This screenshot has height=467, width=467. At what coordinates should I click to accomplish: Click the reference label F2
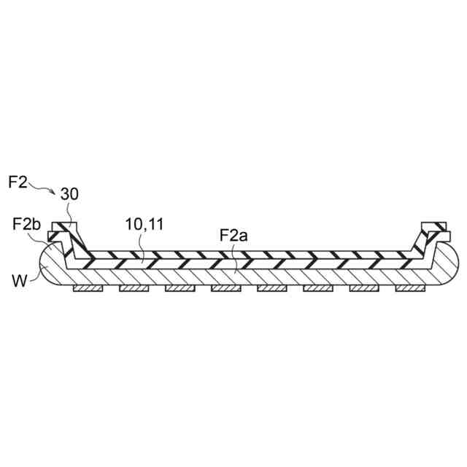pos(18,182)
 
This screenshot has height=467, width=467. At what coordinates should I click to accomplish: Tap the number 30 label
pos(70,195)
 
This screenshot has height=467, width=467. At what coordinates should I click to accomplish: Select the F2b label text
pos(26,223)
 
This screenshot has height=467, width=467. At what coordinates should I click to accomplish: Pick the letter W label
pos(20,279)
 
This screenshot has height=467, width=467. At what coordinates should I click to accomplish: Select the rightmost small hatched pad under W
pos(409,289)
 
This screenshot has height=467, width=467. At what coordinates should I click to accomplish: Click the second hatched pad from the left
pos(134,289)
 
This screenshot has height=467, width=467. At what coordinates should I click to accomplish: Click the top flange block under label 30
pos(66,224)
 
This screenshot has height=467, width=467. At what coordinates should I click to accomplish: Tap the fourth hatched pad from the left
pos(225,289)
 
